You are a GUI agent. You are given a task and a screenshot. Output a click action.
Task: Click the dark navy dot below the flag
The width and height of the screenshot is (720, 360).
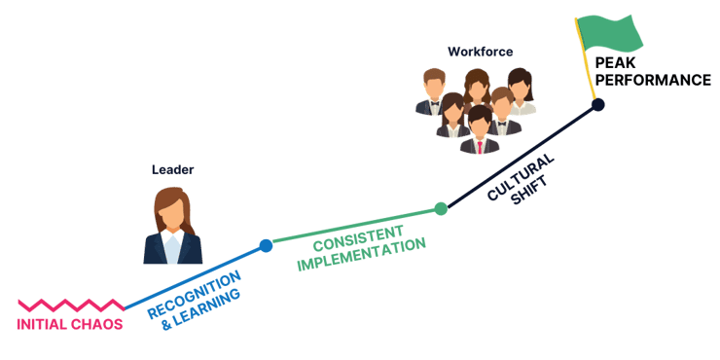tap(598, 104)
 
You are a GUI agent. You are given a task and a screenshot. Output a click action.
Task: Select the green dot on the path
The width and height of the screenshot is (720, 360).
tap(441, 207)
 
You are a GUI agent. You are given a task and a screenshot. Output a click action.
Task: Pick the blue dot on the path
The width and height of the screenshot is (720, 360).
tap(266, 247)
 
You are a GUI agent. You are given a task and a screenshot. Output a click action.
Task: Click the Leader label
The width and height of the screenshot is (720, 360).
tap(173, 169)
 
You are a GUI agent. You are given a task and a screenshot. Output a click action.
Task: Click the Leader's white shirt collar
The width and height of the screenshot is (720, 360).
tap(172, 237)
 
